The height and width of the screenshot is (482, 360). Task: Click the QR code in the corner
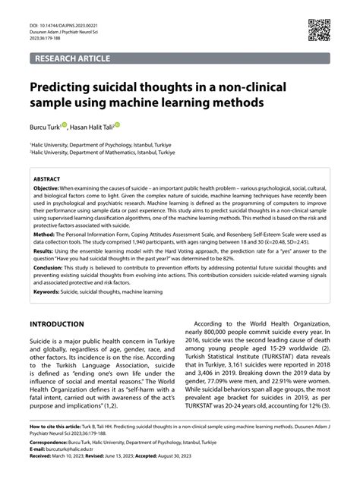coord(319,30)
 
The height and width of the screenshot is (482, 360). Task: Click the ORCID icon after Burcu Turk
coord(67,124)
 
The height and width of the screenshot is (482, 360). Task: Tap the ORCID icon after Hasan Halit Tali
coord(118,124)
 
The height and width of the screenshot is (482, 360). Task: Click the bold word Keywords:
coord(49,291)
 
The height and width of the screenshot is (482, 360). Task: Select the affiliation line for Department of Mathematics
coord(103,152)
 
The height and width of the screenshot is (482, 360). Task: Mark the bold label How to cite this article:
coord(58,427)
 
